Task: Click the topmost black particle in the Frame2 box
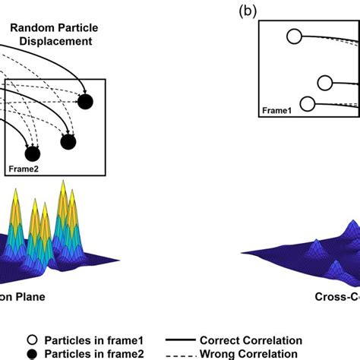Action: click(84, 101)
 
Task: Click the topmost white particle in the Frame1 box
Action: click(294, 35)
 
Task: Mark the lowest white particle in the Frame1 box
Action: click(308, 103)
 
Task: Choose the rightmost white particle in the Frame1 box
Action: click(325, 83)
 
